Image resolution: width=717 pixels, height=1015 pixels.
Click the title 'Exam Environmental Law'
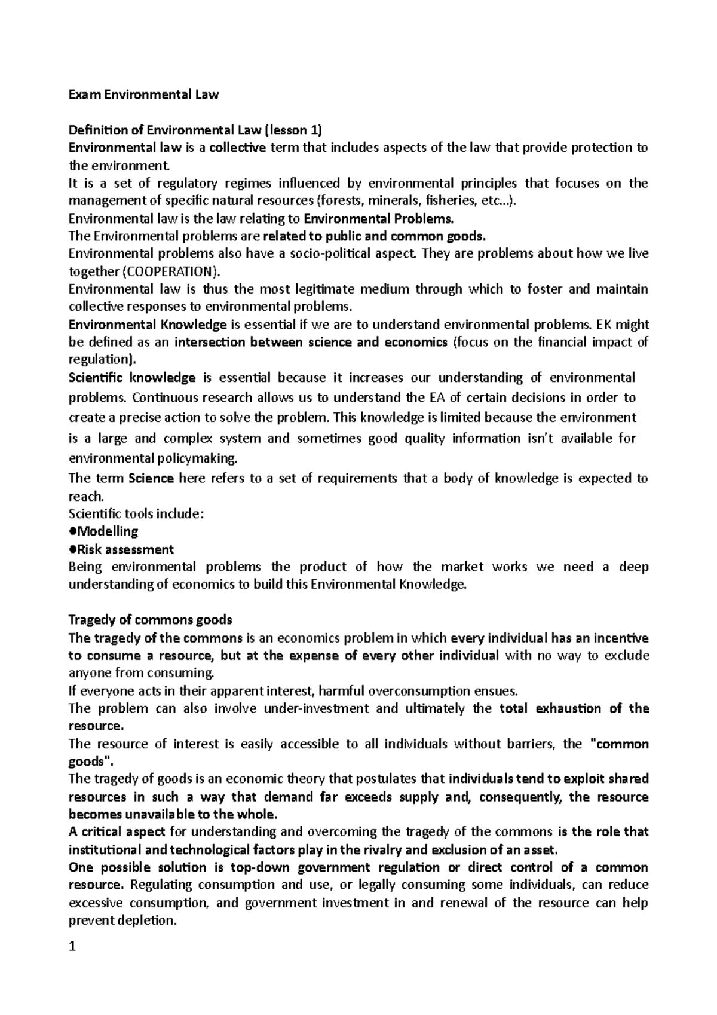coord(144,94)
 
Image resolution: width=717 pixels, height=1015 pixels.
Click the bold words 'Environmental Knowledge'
coord(148,325)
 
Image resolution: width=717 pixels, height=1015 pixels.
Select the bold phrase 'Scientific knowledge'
coord(132,378)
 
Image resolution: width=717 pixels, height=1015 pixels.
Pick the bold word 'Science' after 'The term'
coord(151,478)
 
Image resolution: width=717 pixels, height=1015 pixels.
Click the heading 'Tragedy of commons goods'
coord(150,619)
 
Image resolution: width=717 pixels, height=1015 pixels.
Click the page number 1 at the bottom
coord(72,948)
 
